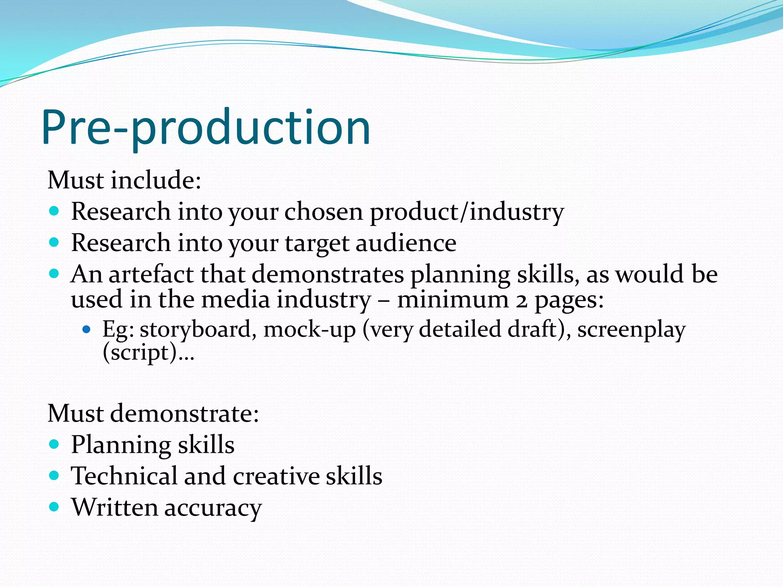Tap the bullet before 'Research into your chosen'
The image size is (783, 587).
tap(54, 211)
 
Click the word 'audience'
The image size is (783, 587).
tap(406, 243)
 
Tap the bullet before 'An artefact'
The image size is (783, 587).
tap(54, 273)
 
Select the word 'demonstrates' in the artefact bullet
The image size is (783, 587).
tap(328, 274)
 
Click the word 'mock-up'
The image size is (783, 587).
tap(310, 329)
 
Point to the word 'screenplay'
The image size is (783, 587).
tap(631, 330)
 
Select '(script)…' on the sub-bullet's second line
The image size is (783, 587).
tap(148, 352)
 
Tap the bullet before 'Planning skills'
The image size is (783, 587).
tap(54, 444)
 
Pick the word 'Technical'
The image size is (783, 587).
tap(124, 476)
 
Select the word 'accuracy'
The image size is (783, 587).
tap(213, 508)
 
